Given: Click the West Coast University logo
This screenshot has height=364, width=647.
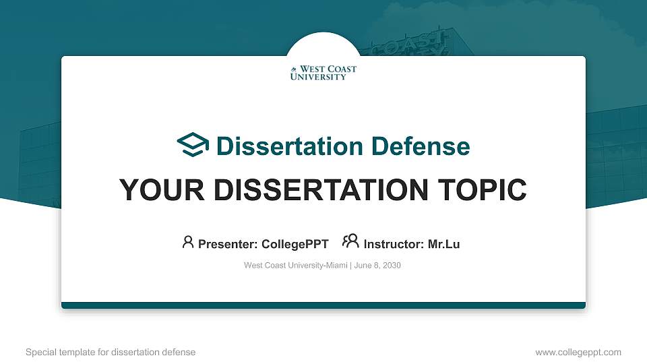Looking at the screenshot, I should pyautogui.click(x=323, y=73).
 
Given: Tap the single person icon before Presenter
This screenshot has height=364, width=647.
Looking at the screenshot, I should pyautogui.click(x=188, y=242).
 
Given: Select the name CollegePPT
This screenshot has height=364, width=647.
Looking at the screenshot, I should pyautogui.click(x=295, y=244).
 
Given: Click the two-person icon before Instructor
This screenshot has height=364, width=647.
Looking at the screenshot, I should pyautogui.click(x=350, y=242).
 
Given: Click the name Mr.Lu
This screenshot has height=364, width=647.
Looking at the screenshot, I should pyautogui.click(x=444, y=244).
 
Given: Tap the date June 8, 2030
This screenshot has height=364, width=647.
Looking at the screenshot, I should pyautogui.click(x=377, y=266).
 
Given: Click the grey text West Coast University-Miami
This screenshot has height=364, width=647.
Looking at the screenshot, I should pyautogui.click(x=295, y=266).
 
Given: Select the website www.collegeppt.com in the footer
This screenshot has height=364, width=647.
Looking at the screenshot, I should pyautogui.click(x=578, y=352).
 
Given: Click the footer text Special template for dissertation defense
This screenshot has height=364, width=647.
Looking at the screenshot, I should pyautogui.click(x=111, y=352).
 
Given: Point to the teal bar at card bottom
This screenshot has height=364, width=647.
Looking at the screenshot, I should pyautogui.click(x=323, y=305).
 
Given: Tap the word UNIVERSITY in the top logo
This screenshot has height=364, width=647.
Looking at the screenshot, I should pyautogui.click(x=318, y=77).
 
